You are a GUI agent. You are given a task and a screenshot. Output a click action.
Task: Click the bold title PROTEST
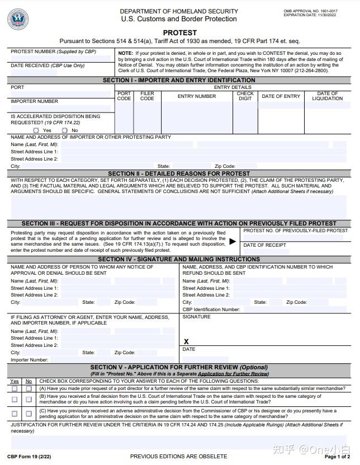click(180, 33)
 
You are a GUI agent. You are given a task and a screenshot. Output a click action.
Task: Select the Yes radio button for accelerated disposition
click(36, 130)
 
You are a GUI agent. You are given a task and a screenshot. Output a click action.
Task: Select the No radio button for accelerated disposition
click(65, 130)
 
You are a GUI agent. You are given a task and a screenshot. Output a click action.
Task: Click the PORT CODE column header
click(124, 96)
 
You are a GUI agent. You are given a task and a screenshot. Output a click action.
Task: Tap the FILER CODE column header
click(147, 96)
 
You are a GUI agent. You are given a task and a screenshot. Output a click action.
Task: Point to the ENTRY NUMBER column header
click(197, 96)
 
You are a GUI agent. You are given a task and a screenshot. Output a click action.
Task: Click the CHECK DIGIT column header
click(245, 96)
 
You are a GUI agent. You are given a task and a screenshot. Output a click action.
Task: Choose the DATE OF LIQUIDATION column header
click(328, 96)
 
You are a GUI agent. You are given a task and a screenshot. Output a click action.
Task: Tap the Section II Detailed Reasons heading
click(179, 173)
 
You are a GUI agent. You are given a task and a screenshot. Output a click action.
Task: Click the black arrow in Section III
click(233, 242)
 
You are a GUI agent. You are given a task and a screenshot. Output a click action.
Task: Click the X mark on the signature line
click(186, 341)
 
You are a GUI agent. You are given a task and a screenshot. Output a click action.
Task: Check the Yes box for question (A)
click(15, 388)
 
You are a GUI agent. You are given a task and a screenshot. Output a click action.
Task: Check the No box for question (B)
click(29, 399)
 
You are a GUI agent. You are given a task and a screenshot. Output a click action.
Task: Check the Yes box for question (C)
click(15, 414)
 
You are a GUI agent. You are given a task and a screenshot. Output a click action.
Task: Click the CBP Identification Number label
click(211, 309)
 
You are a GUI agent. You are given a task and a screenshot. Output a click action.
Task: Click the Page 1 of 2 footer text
click(338, 457)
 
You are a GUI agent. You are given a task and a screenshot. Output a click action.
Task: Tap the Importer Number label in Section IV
click(30, 360)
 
